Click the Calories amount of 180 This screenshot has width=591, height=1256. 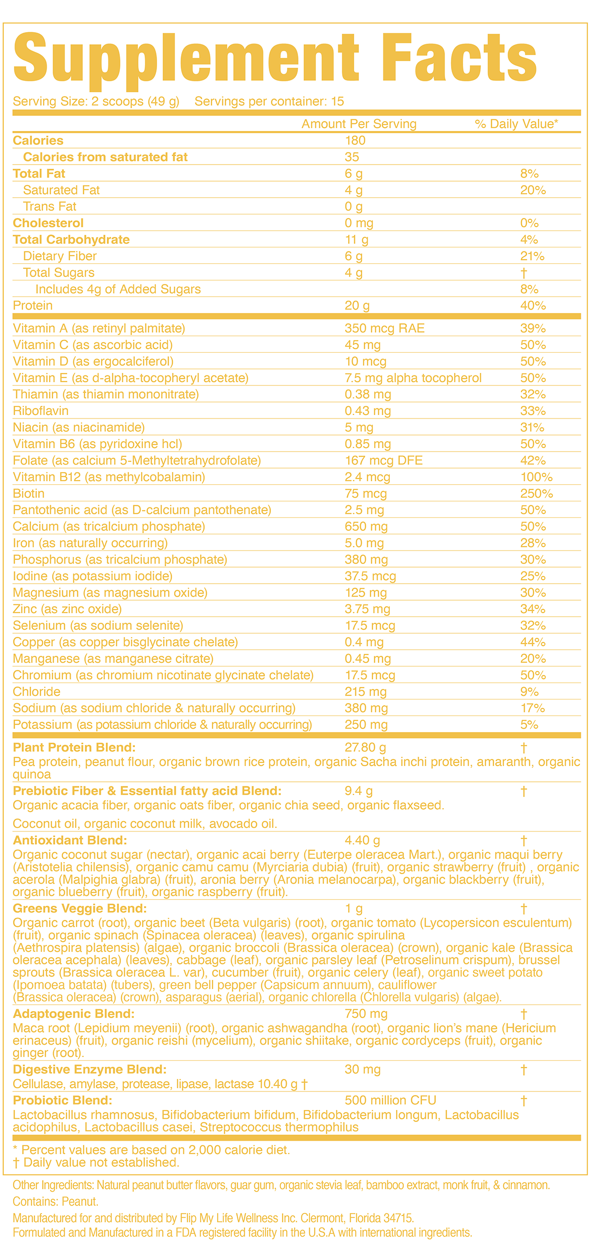click(x=355, y=141)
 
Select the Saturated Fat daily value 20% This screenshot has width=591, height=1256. click(x=533, y=190)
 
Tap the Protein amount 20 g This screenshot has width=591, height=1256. click(x=357, y=306)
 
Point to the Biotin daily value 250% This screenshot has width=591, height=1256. click(x=536, y=493)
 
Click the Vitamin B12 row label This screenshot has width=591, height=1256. click(x=109, y=477)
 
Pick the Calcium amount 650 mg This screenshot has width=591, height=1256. click(x=366, y=526)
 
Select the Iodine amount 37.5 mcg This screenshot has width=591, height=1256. click(x=370, y=576)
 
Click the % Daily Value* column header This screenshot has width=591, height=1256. click(x=516, y=124)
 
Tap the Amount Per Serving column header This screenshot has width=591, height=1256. click(x=359, y=124)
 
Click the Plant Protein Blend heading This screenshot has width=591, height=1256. click(x=74, y=747)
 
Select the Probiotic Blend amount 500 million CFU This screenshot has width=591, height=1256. click(x=390, y=1100)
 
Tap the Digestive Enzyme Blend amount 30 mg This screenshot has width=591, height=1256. click(x=362, y=1069)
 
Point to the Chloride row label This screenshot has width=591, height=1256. click(x=37, y=691)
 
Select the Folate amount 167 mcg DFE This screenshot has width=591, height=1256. click(x=383, y=460)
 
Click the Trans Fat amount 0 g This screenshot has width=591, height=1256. click(x=353, y=207)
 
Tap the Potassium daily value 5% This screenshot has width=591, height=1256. click(x=529, y=725)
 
